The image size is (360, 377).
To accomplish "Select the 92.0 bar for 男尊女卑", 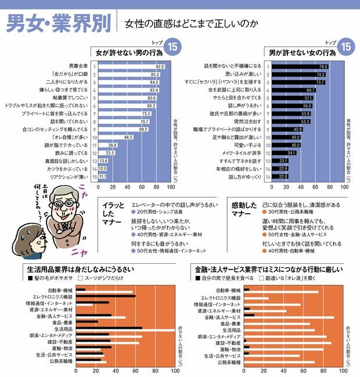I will [131, 67].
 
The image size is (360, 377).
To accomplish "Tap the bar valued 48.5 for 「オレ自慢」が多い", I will [116, 137].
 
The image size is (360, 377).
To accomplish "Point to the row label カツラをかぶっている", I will [66, 168].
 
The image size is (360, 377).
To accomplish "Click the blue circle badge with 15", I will [171, 46].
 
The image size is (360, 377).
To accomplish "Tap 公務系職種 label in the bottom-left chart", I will [60, 361].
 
